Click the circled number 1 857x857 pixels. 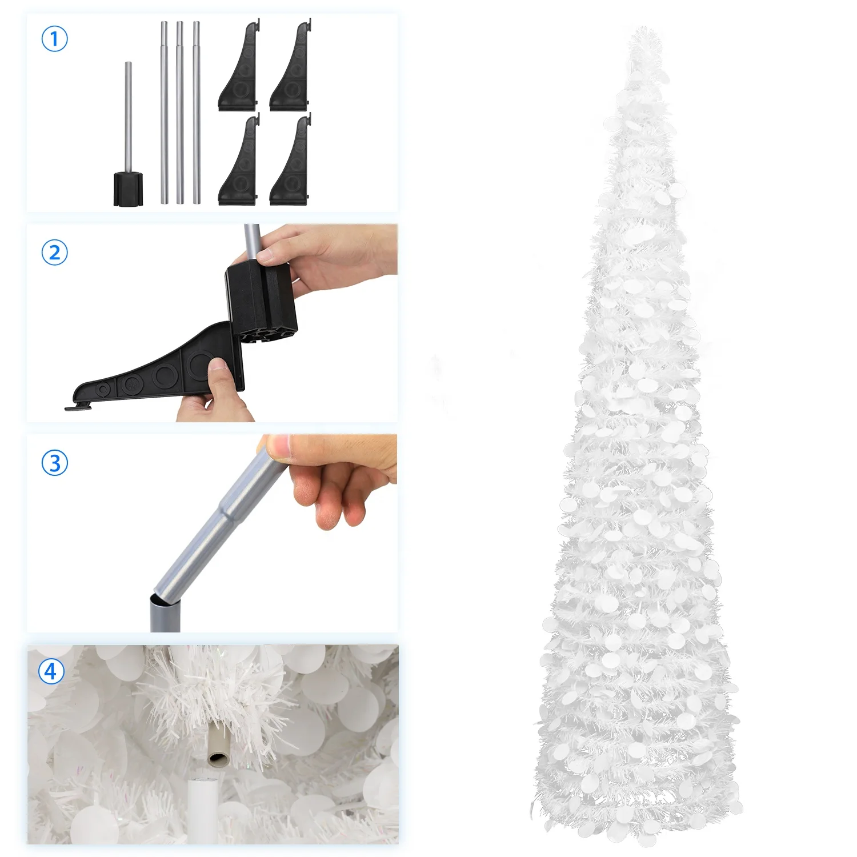pos(55,39)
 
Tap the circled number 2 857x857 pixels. pos(55,252)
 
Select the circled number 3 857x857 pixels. pos(55,463)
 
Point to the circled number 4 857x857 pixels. pos(51,671)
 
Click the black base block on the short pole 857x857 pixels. pos(128,189)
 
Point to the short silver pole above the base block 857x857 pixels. pos(129,114)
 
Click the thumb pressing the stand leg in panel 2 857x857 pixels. pos(220,374)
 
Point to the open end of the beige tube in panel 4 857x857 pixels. pos(218,759)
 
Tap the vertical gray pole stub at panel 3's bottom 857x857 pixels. pos(165,614)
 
